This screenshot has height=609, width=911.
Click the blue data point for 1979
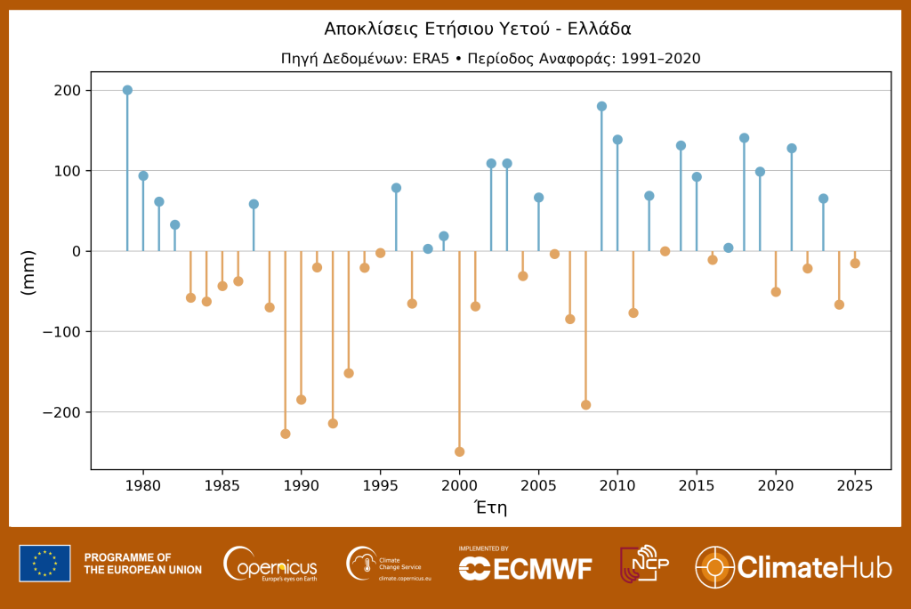[x=127, y=90]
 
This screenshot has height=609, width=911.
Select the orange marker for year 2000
[x=459, y=451]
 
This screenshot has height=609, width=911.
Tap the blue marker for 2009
[x=601, y=106]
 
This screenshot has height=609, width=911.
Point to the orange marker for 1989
[x=286, y=434]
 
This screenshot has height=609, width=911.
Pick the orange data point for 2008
[x=585, y=405]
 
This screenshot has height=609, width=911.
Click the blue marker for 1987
[x=254, y=204]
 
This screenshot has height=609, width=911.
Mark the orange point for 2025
[x=855, y=264]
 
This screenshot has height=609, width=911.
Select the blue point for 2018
[x=745, y=138]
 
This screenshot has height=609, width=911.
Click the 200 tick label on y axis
[x=67, y=91]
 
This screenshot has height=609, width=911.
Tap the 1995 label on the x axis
[x=380, y=486]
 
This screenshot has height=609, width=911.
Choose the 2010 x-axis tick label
[x=617, y=486]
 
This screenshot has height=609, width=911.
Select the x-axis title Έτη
[x=490, y=507]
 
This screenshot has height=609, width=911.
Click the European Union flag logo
[x=44, y=564]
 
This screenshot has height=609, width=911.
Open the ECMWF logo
[x=525, y=567]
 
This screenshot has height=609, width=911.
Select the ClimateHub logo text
[x=815, y=567]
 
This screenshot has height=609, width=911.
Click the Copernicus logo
[x=271, y=564]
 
